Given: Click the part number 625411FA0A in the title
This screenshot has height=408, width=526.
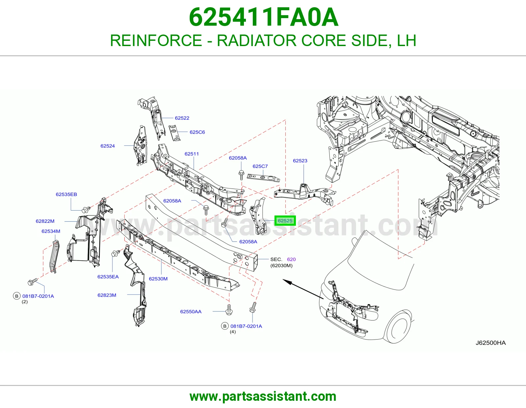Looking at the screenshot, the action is (264, 17).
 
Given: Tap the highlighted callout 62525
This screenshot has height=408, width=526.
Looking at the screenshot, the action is (285, 220).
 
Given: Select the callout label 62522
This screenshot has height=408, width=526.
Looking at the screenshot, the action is (182, 118).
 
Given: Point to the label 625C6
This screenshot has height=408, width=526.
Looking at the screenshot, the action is (197, 132).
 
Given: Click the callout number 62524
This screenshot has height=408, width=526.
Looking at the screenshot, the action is (108, 146).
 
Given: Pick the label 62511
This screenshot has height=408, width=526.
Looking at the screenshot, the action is (192, 154).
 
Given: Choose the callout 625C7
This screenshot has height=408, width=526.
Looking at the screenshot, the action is (260, 166).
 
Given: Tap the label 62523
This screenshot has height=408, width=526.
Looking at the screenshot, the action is (300, 161).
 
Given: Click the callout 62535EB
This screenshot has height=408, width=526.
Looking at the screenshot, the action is (66, 194).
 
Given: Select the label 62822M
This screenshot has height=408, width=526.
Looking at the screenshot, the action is (45, 221).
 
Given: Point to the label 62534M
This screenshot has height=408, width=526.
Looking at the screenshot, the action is (51, 231).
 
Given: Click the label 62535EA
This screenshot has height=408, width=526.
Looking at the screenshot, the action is (108, 277).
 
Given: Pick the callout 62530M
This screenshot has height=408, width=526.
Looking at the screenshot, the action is (158, 279).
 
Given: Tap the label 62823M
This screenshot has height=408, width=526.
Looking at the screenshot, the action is (107, 295).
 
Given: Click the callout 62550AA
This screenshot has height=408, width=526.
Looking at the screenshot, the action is (191, 312).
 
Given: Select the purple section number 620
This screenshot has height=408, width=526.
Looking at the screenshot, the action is (292, 259).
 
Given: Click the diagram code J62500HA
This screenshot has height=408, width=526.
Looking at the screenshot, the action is (490, 343).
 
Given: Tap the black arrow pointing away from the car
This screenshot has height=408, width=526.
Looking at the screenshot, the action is (303, 289).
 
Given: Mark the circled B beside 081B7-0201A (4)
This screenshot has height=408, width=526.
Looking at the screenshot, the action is (225, 326).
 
